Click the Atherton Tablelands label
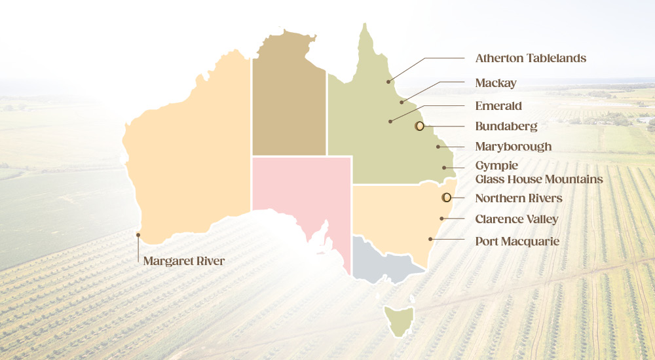[x=530, y=58]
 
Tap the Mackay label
[x=495, y=83]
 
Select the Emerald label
[x=498, y=105]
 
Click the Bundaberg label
[x=506, y=126]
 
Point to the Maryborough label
[x=513, y=147]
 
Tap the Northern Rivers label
[x=518, y=198]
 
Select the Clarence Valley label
[x=517, y=219]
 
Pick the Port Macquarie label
[x=517, y=242]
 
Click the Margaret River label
[x=183, y=261]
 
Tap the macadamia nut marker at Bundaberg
[x=419, y=126]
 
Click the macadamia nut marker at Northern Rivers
[x=446, y=197]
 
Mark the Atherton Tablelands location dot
[x=388, y=82]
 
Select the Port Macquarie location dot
[x=430, y=239]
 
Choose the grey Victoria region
[x=383, y=262]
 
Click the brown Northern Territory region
[x=289, y=98]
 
